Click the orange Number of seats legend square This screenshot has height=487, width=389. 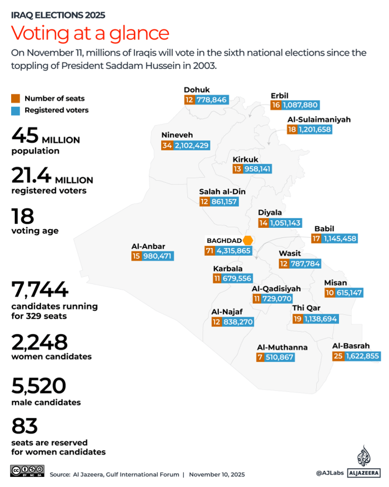click(x=16, y=98)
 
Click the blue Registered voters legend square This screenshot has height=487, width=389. click(x=16, y=110)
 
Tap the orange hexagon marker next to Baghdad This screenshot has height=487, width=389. click(x=248, y=240)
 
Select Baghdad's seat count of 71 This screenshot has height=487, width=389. click(x=209, y=251)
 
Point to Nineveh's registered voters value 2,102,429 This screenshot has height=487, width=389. click(x=192, y=146)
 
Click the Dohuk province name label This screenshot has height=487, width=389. click(x=197, y=90)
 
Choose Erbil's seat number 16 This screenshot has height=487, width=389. click(x=276, y=105)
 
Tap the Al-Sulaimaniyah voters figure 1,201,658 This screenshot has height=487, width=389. click(x=315, y=129)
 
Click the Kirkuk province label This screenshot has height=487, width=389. click(x=245, y=159)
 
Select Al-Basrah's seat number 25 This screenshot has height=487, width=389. click(x=338, y=356)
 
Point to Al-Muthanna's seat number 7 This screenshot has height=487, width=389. click(x=260, y=357)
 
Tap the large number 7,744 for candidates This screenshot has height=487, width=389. click(x=40, y=290)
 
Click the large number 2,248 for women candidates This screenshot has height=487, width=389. click(x=39, y=342)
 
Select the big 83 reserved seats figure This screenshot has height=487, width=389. click(x=25, y=425)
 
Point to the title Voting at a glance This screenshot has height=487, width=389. click(x=90, y=32)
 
